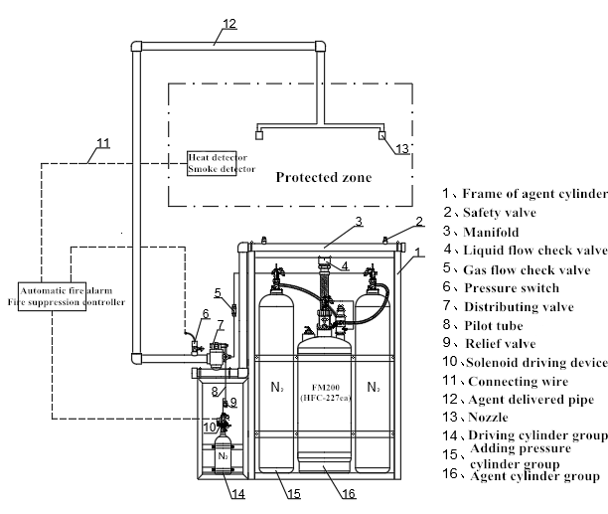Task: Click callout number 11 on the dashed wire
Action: (102, 154)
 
